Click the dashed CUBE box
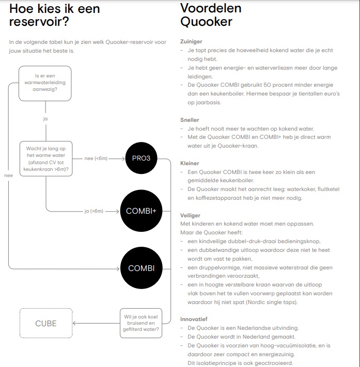coord(45,324)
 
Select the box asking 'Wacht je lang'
coord(45,158)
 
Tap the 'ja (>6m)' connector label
coord(94,211)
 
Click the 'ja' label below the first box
coord(45,119)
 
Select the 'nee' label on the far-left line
coord(8,175)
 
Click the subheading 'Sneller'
coord(190,120)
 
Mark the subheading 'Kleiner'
coord(190,163)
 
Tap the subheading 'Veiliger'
coord(190,215)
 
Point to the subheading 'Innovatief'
coord(193,319)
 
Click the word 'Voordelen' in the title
coord(211,8)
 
